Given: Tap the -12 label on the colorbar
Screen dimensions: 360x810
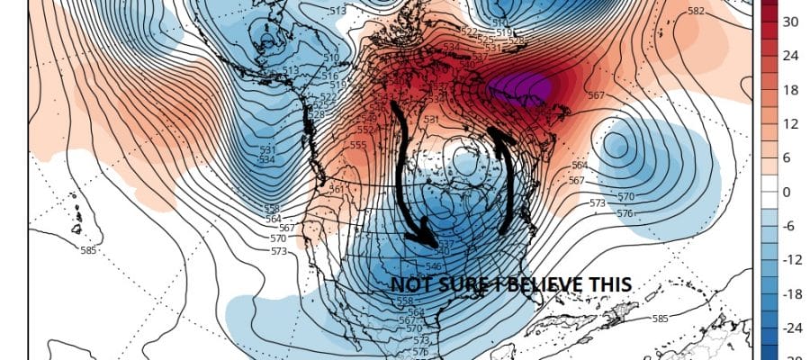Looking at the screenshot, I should click(x=790, y=259).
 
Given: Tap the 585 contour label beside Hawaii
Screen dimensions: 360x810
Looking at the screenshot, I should click(x=87, y=249).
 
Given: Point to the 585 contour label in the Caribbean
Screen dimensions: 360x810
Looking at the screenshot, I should click(x=661, y=318).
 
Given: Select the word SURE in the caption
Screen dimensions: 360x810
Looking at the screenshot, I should click(x=458, y=284).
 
